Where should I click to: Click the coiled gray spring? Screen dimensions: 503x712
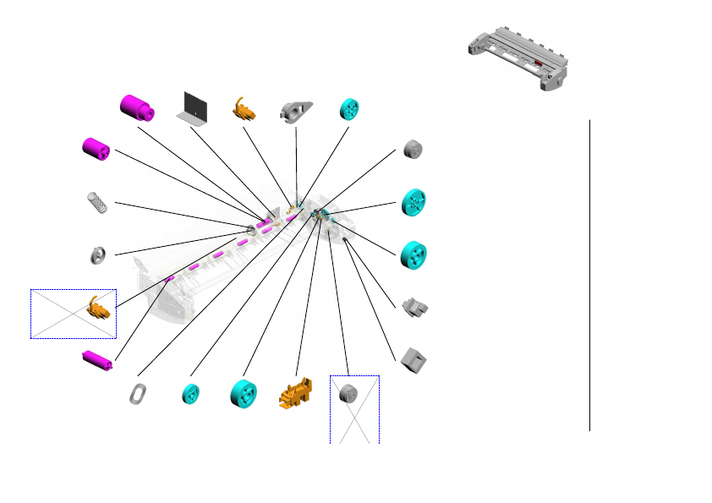coord(99,202)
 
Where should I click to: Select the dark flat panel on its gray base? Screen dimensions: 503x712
coord(194,107)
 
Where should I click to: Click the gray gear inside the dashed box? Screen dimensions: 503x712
coord(349,394)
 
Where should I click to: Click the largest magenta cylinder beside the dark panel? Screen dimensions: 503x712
coord(135,108)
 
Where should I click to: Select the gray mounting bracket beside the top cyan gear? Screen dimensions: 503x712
coord(297,110)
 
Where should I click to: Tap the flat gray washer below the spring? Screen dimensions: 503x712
coord(98,254)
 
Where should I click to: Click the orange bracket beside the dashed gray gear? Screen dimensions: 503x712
coord(295,395)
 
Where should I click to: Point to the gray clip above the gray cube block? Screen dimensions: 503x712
coord(414,307)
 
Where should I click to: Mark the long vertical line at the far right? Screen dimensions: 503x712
coord(589,275)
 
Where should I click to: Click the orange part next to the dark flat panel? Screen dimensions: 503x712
coord(244,109)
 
